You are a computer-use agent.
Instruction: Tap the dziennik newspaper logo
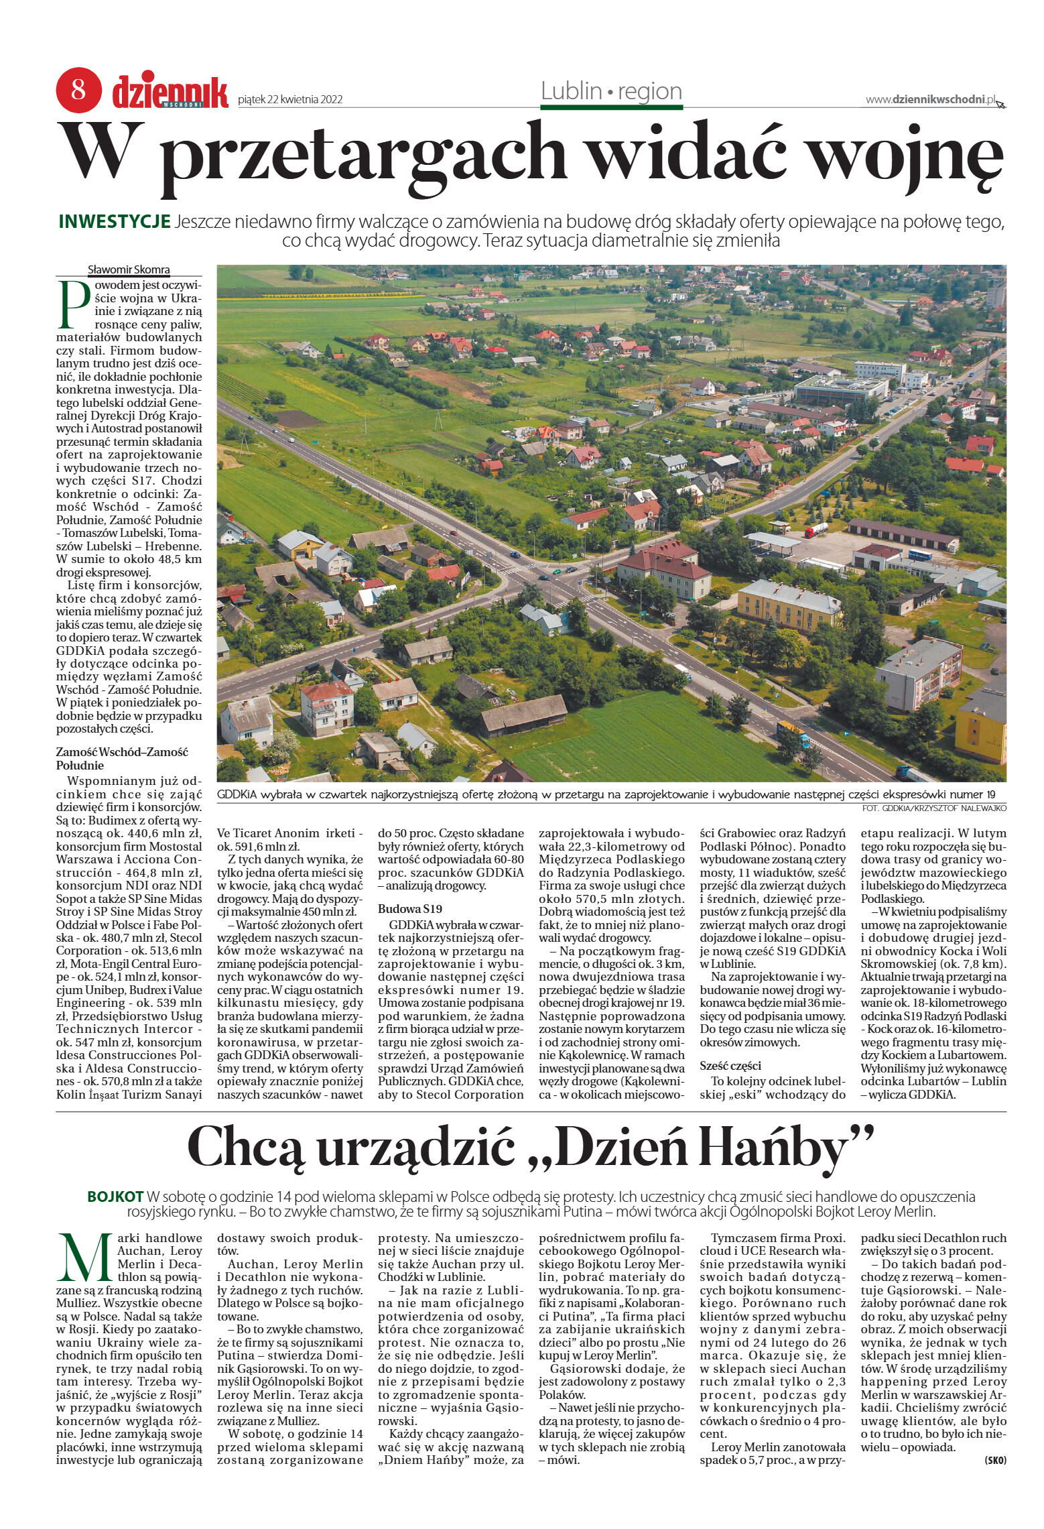[x=170, y=92]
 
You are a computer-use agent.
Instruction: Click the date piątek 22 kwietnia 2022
[x=290, y=100]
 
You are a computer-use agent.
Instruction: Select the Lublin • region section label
[x=611, y=91]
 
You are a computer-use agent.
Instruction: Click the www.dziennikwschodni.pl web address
[x=930, y=99]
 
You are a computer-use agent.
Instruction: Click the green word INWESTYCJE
[x=115, y=222]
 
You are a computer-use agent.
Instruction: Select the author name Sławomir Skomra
[x=129, y=270]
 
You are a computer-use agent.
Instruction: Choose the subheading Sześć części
[x=731, y=1066]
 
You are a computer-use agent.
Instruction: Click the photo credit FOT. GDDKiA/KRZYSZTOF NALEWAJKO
[x=935, y=809]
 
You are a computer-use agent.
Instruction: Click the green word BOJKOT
[x=115, y=1197]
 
